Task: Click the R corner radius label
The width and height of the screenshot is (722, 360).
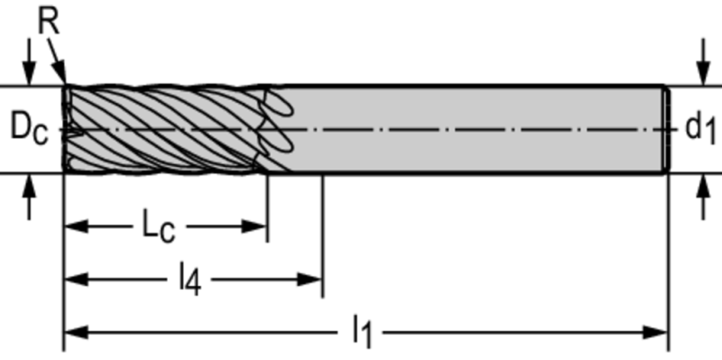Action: (50, 21)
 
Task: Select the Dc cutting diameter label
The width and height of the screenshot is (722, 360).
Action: (29, 127)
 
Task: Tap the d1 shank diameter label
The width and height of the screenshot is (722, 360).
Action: (700, 128)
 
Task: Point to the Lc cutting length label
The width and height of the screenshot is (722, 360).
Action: (159, 227)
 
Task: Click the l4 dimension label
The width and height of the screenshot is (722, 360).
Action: (190, 280)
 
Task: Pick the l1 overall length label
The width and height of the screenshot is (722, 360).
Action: (362, 332)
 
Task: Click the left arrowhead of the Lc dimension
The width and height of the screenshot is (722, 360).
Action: (76, 226)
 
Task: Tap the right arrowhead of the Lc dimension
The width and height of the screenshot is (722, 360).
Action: (255, 226)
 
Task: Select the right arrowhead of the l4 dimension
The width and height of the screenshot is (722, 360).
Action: (310, 280)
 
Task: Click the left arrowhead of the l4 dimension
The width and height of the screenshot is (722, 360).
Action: (76, 280)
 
